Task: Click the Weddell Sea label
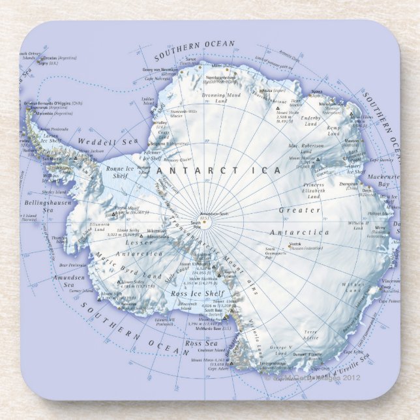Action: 99,141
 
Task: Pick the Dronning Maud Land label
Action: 222,98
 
